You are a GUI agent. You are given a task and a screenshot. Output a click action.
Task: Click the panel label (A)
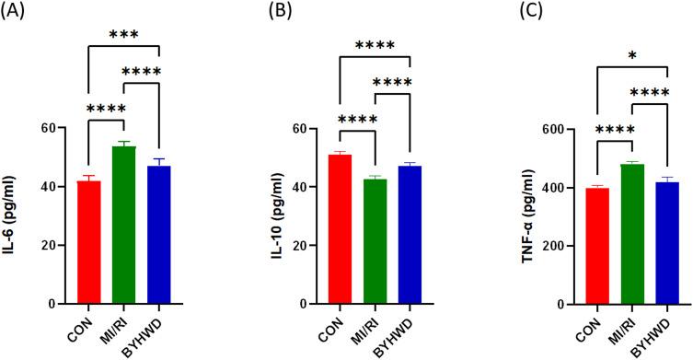tap(17, 14)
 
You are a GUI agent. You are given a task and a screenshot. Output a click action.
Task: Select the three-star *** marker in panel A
tap(123, 35)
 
